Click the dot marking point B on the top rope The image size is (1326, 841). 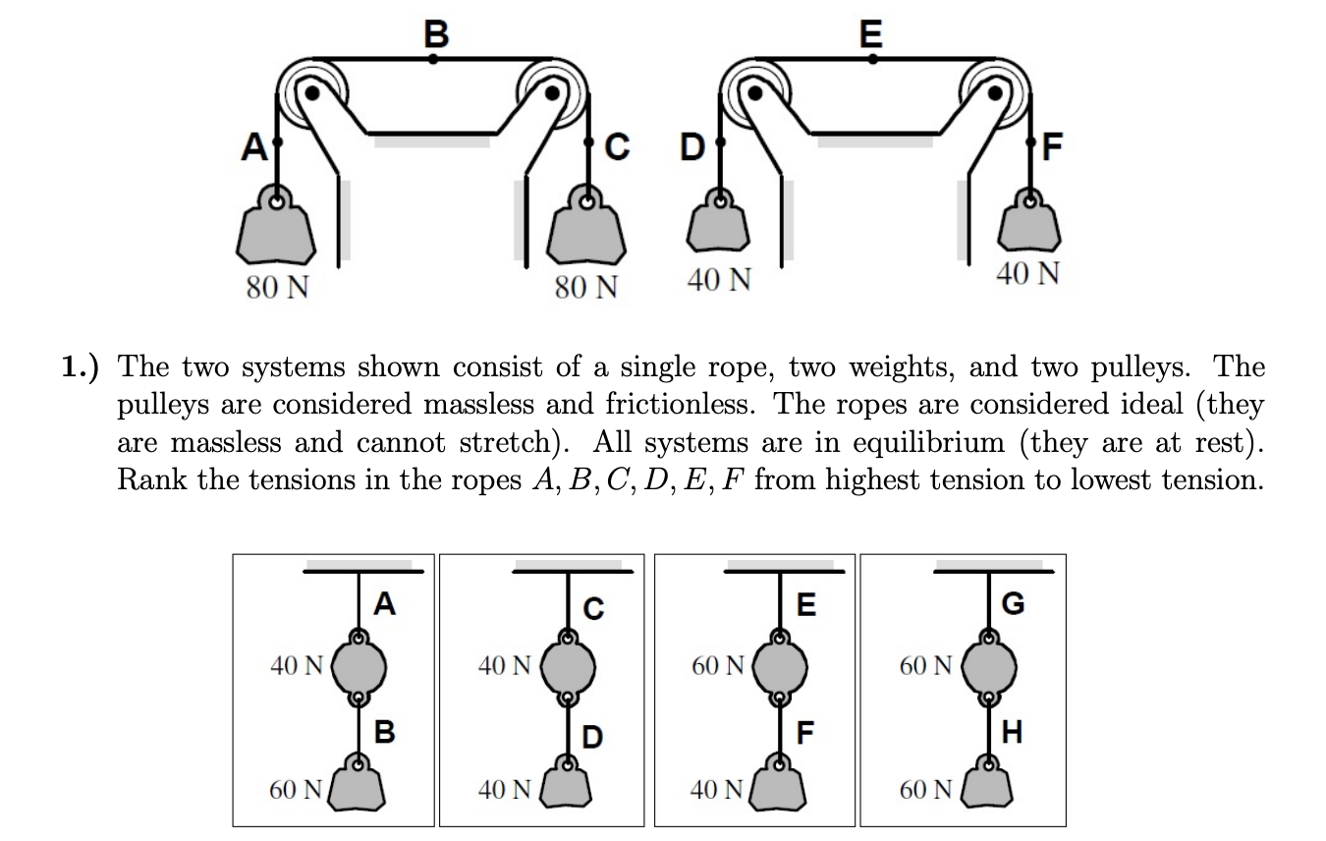coord(433,59)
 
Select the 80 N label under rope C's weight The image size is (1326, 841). coord(586,288)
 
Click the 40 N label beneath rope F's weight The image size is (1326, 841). coord(1027,274)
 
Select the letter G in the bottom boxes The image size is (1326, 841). coord(1012,602)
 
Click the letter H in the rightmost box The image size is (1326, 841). coord(1012,732)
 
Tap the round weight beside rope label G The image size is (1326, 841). coord(987,668)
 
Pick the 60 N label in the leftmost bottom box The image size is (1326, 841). coord(296,789)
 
